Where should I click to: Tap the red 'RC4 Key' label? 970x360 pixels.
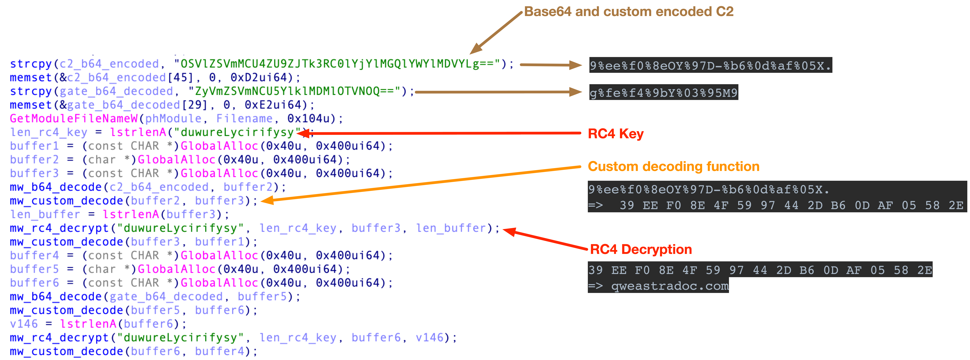pos(616,134)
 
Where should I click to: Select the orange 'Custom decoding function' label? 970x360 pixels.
pos(673,166)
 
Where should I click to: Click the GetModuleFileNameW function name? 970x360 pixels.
pos(74,119)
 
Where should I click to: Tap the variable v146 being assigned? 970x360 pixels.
pos(24,324)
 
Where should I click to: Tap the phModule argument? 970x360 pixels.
pos(173,119)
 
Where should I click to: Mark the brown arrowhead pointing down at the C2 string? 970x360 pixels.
pos(475,49)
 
